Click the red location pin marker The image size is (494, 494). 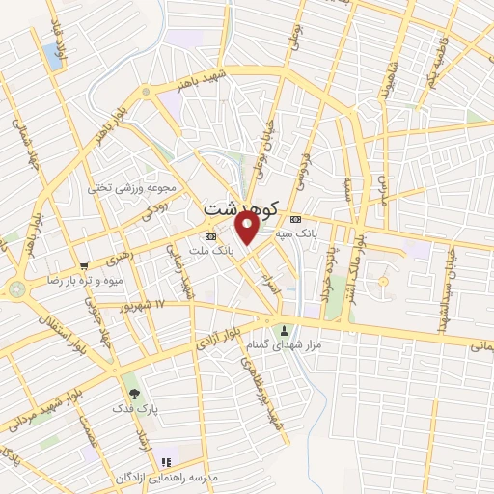point(247,227)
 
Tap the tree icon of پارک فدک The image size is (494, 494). point(134,394)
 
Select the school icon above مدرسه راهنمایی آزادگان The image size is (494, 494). point(165,463)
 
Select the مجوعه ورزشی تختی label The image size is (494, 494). point(135,187)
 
